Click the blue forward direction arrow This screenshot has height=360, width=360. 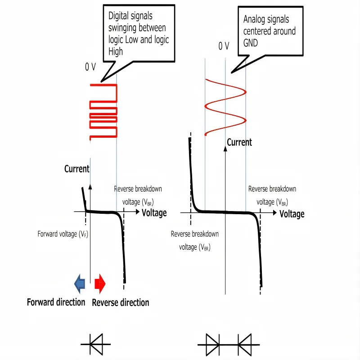click(x=80, y=283)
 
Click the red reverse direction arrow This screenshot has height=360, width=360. click(x=100, y=283)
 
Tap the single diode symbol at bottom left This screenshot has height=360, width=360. click(x=96, y=344)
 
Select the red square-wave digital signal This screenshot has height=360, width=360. click(x=103, y=112)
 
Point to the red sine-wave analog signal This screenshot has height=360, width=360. click(x=225, y=106)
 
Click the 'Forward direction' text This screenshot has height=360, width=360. click(x=56, y=302)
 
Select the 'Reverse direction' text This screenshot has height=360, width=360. click(x=120, y=302)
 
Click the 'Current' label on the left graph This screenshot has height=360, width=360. click(x=77, y=169)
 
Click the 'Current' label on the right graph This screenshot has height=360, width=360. click(x=239, y=143)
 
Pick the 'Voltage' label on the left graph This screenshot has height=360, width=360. click(x=154, y=213)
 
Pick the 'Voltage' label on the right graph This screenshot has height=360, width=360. click(x=292, y=214)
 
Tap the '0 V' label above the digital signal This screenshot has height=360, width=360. click(x=90, y=67)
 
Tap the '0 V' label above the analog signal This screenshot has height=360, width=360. click(x=224, y=46)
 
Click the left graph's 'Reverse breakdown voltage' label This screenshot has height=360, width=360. click(x=138, y=195)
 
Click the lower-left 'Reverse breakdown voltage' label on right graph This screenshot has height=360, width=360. click(x=194, y=240)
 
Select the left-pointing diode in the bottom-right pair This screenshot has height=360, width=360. click(x=244, y=344)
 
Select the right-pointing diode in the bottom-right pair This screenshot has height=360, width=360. click(x=212, y=344)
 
